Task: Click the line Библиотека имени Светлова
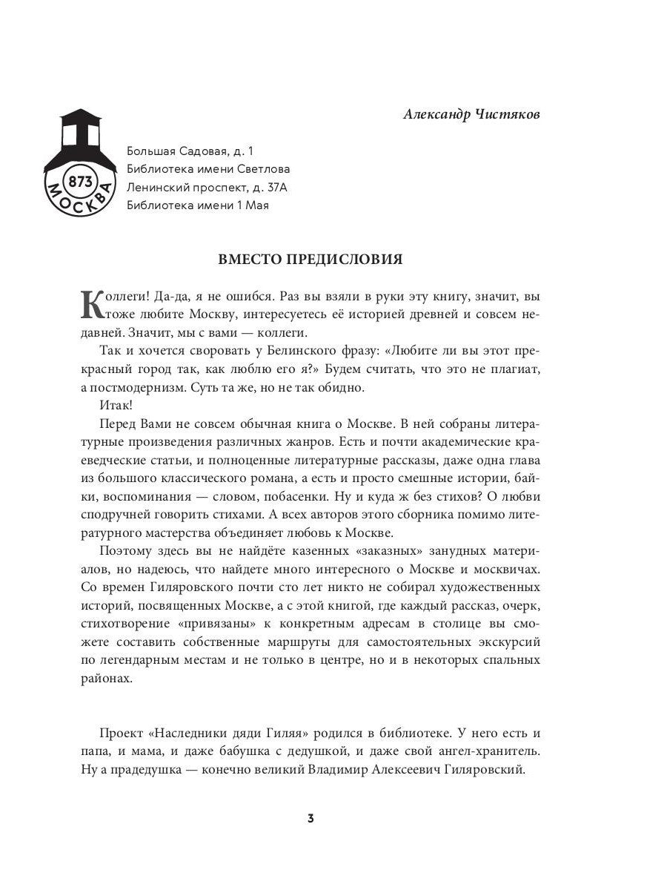coord(208,169)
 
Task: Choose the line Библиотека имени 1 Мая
coord(197,205)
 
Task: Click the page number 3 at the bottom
coord(311,819)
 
